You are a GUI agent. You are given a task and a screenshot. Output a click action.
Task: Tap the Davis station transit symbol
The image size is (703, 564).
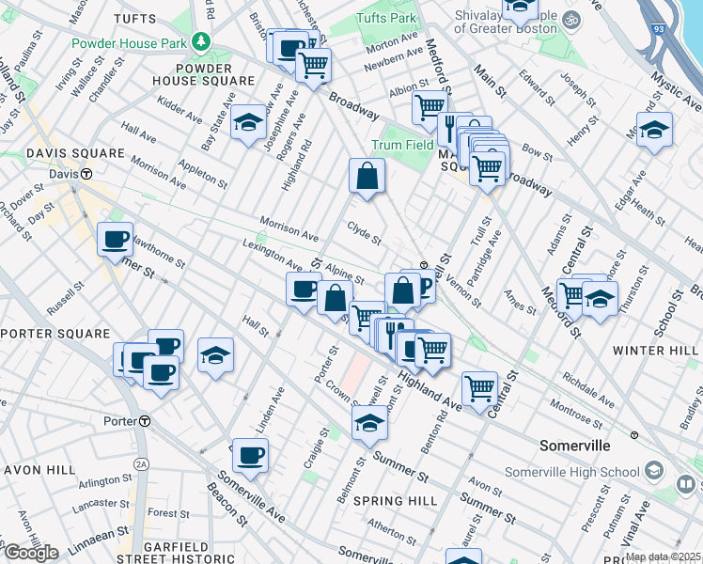coord(86,174)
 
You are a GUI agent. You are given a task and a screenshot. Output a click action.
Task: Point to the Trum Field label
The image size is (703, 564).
coord(402,146)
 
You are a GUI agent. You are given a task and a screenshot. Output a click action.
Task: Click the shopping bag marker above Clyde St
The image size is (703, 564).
coord(367,176)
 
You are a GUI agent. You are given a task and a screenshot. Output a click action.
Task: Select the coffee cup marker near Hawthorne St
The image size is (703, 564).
coord(115,240)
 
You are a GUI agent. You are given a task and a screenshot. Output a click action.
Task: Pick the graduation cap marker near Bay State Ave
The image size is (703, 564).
coord(248,123)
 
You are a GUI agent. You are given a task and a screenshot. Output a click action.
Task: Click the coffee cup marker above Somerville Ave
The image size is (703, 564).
coord(250,456)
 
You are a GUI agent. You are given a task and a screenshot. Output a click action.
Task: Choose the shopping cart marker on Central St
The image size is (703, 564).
coord(479,387)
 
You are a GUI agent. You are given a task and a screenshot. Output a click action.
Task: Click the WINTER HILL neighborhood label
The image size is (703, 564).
coord(656,351)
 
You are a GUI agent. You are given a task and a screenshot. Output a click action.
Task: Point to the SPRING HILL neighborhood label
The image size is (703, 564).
coord(396,501)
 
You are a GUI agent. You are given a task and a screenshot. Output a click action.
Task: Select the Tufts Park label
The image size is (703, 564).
coord(386,18)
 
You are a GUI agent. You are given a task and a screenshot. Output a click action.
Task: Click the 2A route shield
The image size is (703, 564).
coord(142,463)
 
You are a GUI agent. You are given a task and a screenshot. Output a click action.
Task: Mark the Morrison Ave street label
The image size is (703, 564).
coord(289,230)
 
